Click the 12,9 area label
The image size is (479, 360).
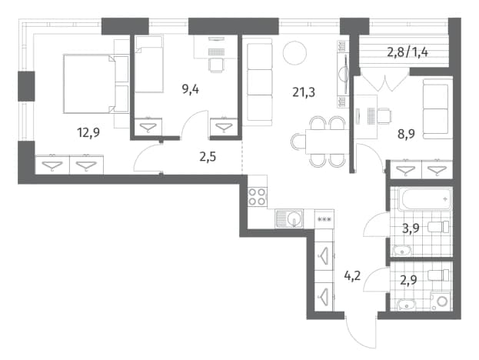(x=88, y=133)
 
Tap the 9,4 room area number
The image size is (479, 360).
(x=191, y=89)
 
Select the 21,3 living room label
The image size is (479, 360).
(x=304, y=92)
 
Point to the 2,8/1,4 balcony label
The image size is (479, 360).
(x=407, y=52)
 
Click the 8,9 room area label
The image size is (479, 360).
(x=406, y=134)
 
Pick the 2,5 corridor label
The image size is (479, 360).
(x=208, y=157)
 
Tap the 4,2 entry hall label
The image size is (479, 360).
(x=352, y=276)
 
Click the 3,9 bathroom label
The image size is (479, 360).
(x=411, y=228)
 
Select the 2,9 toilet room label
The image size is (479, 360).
(x=408, y=280)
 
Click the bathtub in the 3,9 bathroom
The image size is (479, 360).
(x=425, y=199)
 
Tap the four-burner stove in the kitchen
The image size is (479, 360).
(x=258, y=197)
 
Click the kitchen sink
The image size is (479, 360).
(x=289, y=218)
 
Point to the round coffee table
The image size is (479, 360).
(x=294, y=53)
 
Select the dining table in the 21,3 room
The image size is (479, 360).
(x=327, y=142)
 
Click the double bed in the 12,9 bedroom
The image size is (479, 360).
(x=96, y=84)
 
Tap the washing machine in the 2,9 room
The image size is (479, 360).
(x=441, y=301)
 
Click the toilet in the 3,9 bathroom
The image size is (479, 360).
(x=438, y=227)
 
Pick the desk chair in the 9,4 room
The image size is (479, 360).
(x=216, y=65)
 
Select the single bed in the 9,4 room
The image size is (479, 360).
(x=148, y=64)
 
